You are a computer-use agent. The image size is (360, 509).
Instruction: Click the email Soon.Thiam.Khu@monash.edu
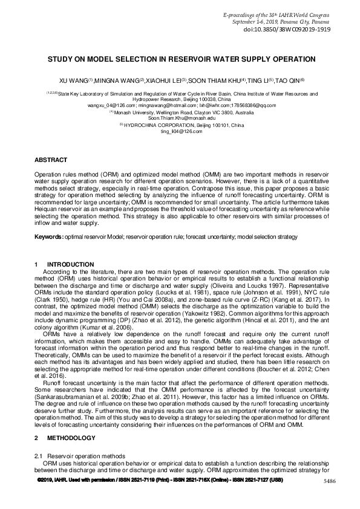180,118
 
